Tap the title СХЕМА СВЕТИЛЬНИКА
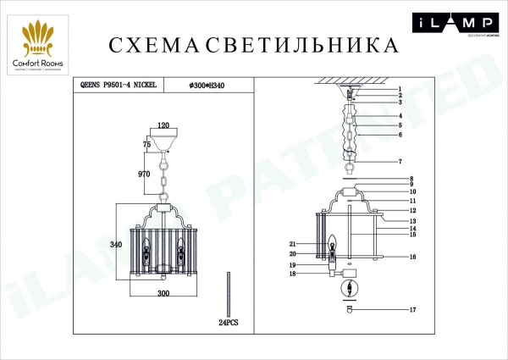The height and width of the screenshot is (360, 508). (x=253, y=44)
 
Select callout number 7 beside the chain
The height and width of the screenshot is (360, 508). (x=399, y=161)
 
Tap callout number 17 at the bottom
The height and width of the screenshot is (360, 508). (x=413, y=312)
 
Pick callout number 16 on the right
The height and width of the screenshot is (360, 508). (x=414, y=256)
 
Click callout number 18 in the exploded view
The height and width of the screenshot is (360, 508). (x=292, y=274)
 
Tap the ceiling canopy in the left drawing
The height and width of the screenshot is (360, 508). (x=164, y=136)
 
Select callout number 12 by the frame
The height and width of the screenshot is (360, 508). (x=414, y=210)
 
